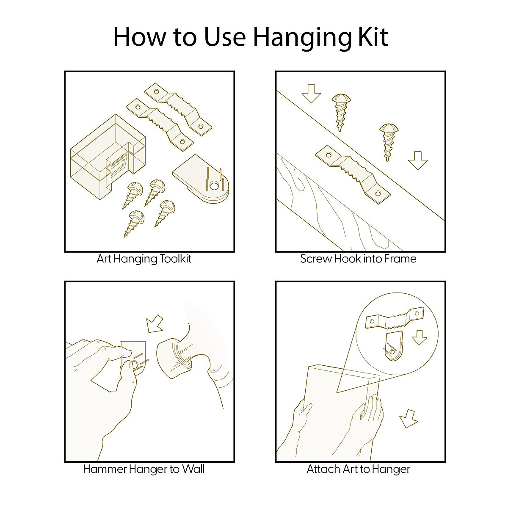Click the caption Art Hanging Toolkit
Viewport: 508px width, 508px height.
(x=144, y=259)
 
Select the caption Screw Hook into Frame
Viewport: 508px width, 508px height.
(x=358, y=259)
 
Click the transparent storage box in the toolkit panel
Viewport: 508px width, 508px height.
(x=108, y=157)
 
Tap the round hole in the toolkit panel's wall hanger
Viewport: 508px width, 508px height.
(x=213, y=186)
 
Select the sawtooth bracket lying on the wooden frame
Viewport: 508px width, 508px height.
(x=353, y=174)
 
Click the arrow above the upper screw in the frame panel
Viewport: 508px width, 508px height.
(x=311, y=94)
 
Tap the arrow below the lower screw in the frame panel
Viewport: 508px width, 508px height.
(x=417, y=160)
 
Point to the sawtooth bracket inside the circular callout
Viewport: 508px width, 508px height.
(x=395, y=318)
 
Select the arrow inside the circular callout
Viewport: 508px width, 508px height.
(x=419, y=337)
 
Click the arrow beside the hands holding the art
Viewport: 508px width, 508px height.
(x=408, y=419)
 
